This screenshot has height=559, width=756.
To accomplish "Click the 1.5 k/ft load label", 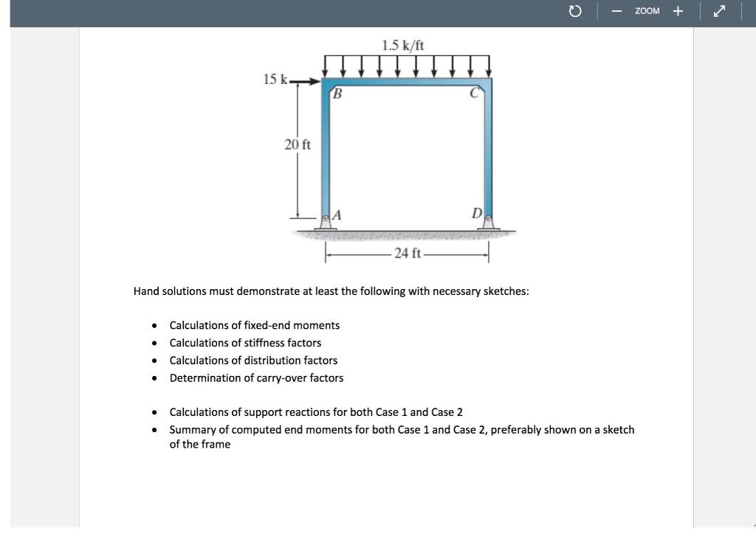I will [x=403, y=45].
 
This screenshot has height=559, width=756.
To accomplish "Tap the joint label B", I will [x=337, y=94].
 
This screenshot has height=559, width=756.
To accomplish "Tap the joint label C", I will [x=475, y=94].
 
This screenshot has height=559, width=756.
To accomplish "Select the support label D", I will [x=477, y=214].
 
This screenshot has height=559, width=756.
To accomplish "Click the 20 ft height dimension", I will [x=298, y=145].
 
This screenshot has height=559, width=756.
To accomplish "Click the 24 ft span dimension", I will [x=407, y=254].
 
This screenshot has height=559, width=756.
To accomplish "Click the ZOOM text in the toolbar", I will [x=647, y=11].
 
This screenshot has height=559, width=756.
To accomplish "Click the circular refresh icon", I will [x=577, y=11].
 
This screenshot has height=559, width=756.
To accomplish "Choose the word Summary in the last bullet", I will [x=193, y=429].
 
